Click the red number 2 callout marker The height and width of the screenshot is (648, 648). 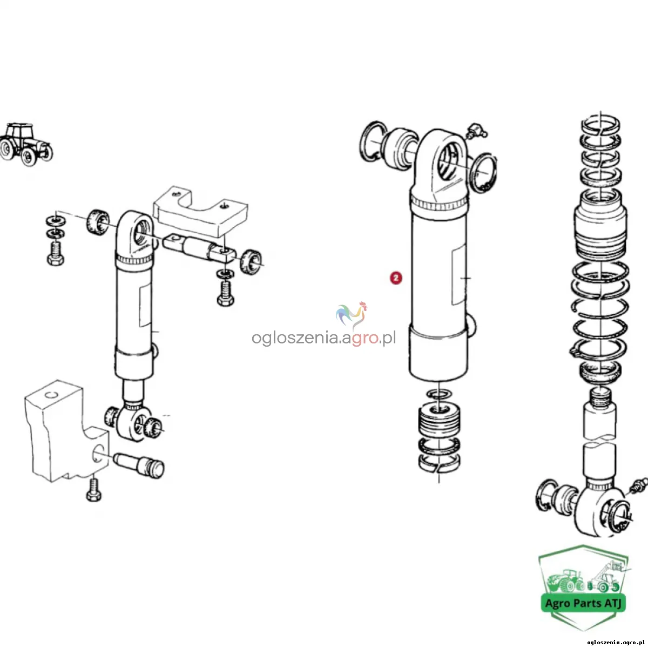coord(396,278)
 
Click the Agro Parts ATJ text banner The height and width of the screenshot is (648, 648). coord(583,603)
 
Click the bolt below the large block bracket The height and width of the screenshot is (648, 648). coord(93,490)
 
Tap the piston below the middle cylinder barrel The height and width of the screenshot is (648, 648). coord(440,418)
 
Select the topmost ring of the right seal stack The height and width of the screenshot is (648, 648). coord(600,125)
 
